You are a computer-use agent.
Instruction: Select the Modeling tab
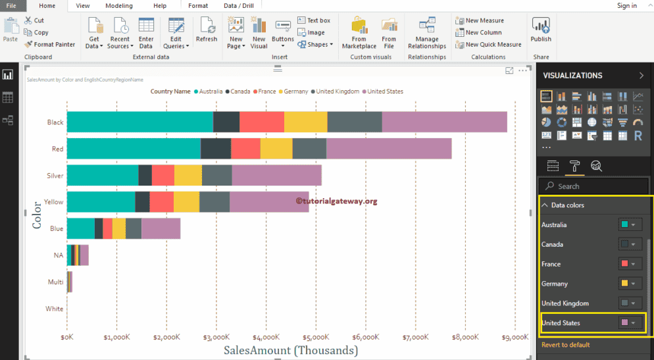click(x=118, y=6)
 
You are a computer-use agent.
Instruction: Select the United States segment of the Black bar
click(x=444, y=122)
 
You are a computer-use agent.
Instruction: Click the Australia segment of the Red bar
click(x=134, y=149)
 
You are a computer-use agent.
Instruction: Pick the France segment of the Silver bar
click(x=163, y=176)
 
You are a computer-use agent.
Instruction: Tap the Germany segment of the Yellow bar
click(x=186, y=202)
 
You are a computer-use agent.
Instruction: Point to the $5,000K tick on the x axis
click(x=316, y=337)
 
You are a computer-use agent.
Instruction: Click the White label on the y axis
click(x=55, y=309)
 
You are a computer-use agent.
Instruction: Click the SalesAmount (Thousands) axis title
click(x=291, y=351)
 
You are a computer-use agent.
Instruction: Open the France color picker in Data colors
click(x=630, y=264)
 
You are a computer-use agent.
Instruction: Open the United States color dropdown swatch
click(x=630, y=323)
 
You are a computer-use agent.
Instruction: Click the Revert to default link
click(x=565, y=345)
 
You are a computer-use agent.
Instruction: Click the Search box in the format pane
click(x=595, y=186)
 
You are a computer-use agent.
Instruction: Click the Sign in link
click(x=626, y=6)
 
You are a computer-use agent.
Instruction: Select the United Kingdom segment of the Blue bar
click(x=134, y=228)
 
